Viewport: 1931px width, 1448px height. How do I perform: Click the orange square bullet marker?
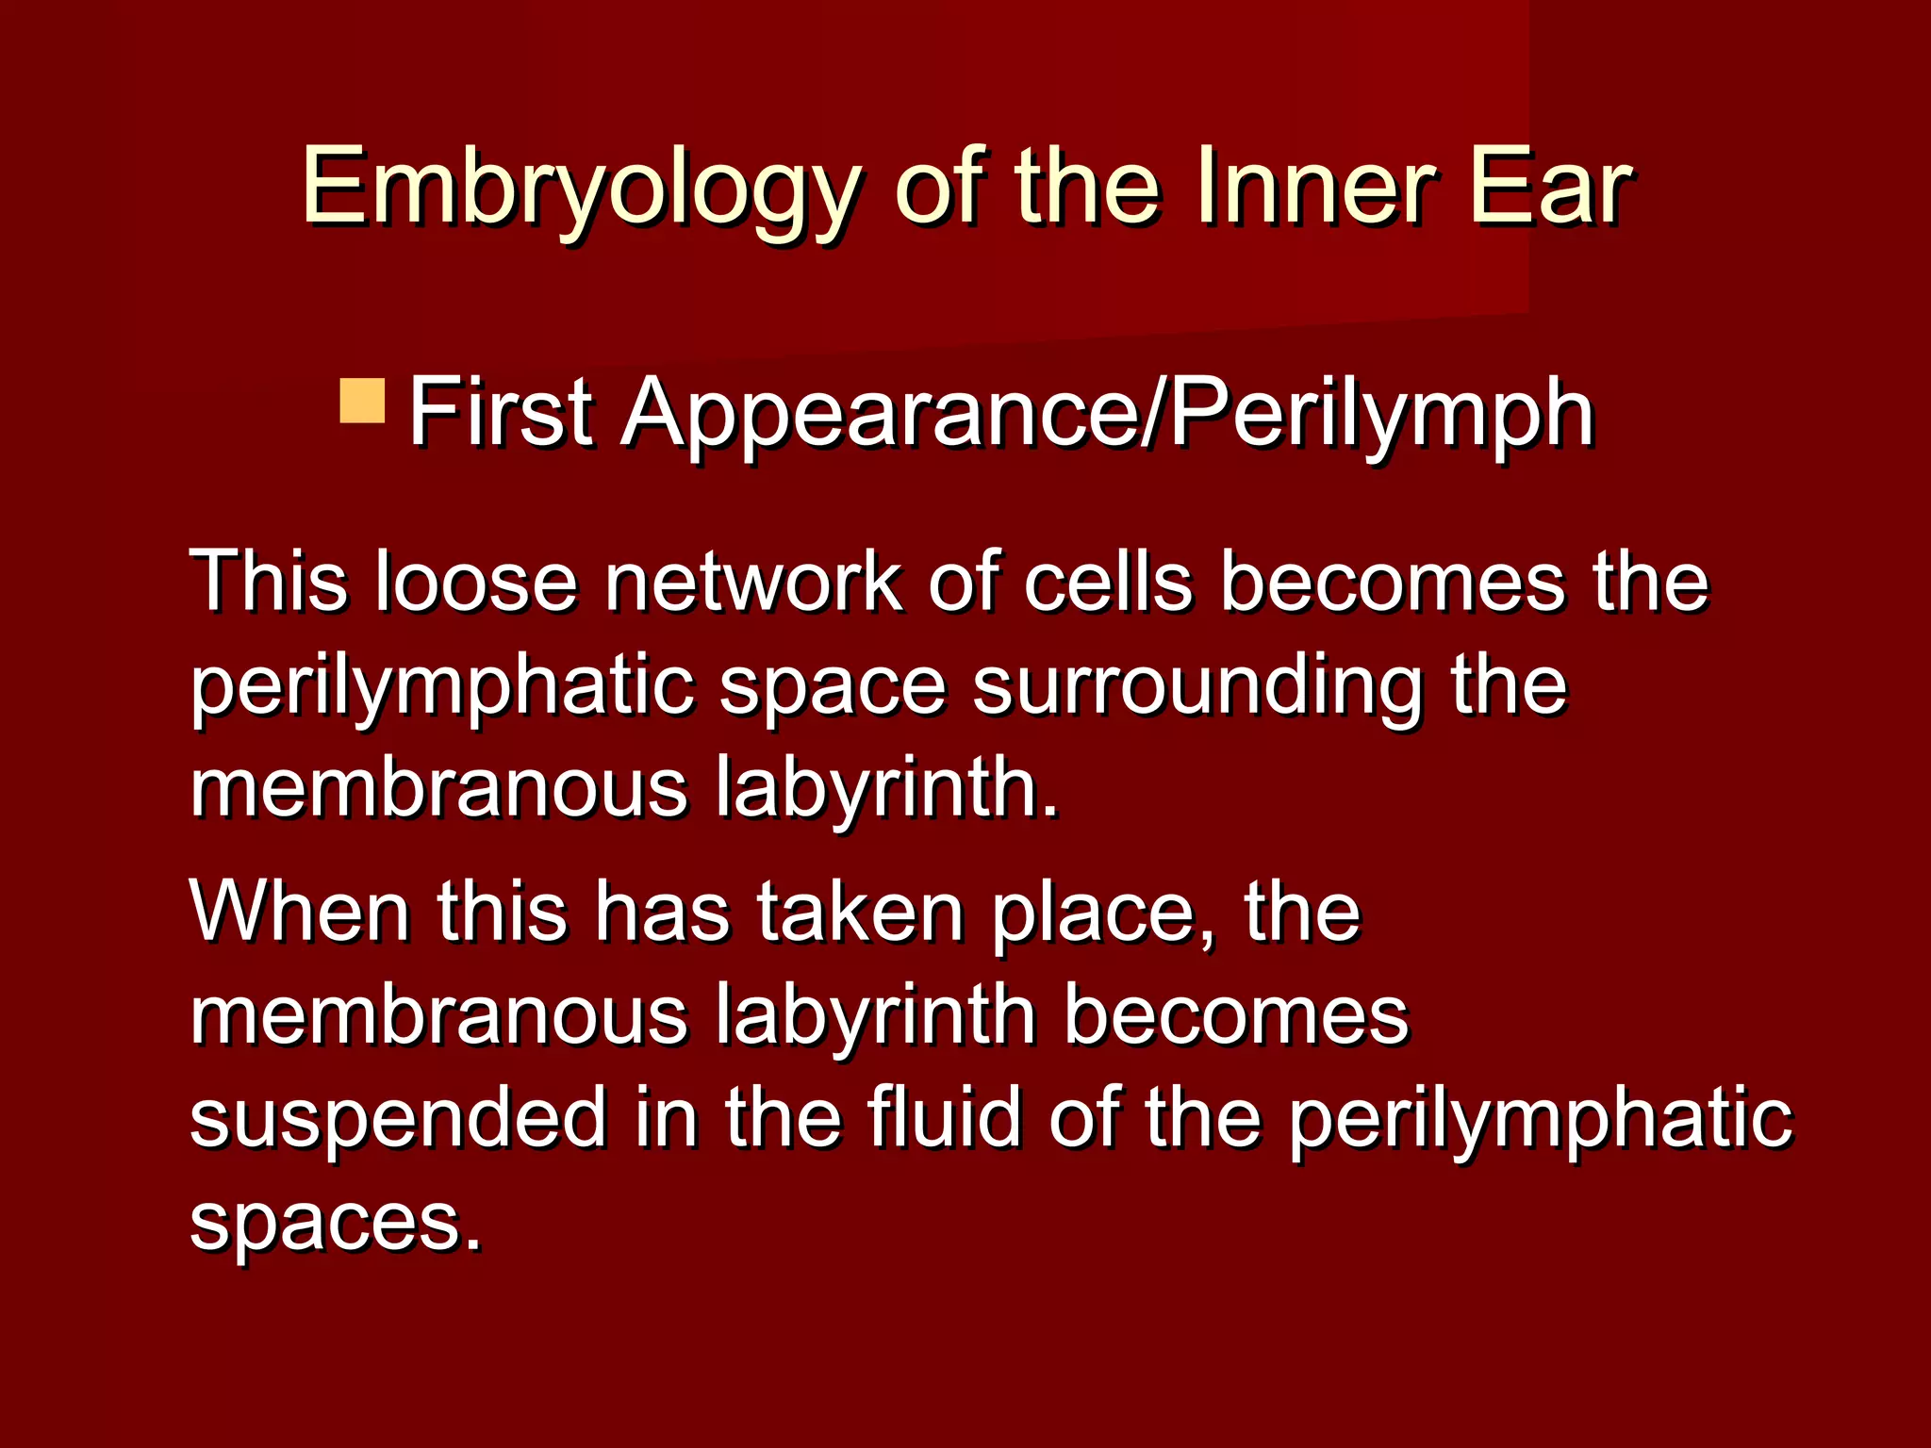[x=362, y=402]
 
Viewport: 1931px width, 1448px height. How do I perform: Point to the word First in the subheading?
[x=500, y=412]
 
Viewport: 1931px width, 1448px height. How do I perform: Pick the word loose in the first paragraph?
[x=475, y=581]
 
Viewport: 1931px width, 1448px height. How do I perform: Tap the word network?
[x=752, y=581]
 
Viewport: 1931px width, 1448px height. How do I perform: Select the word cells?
[x=1109, y=581]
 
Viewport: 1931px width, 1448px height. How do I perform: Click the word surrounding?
[x=1197, y=686]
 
